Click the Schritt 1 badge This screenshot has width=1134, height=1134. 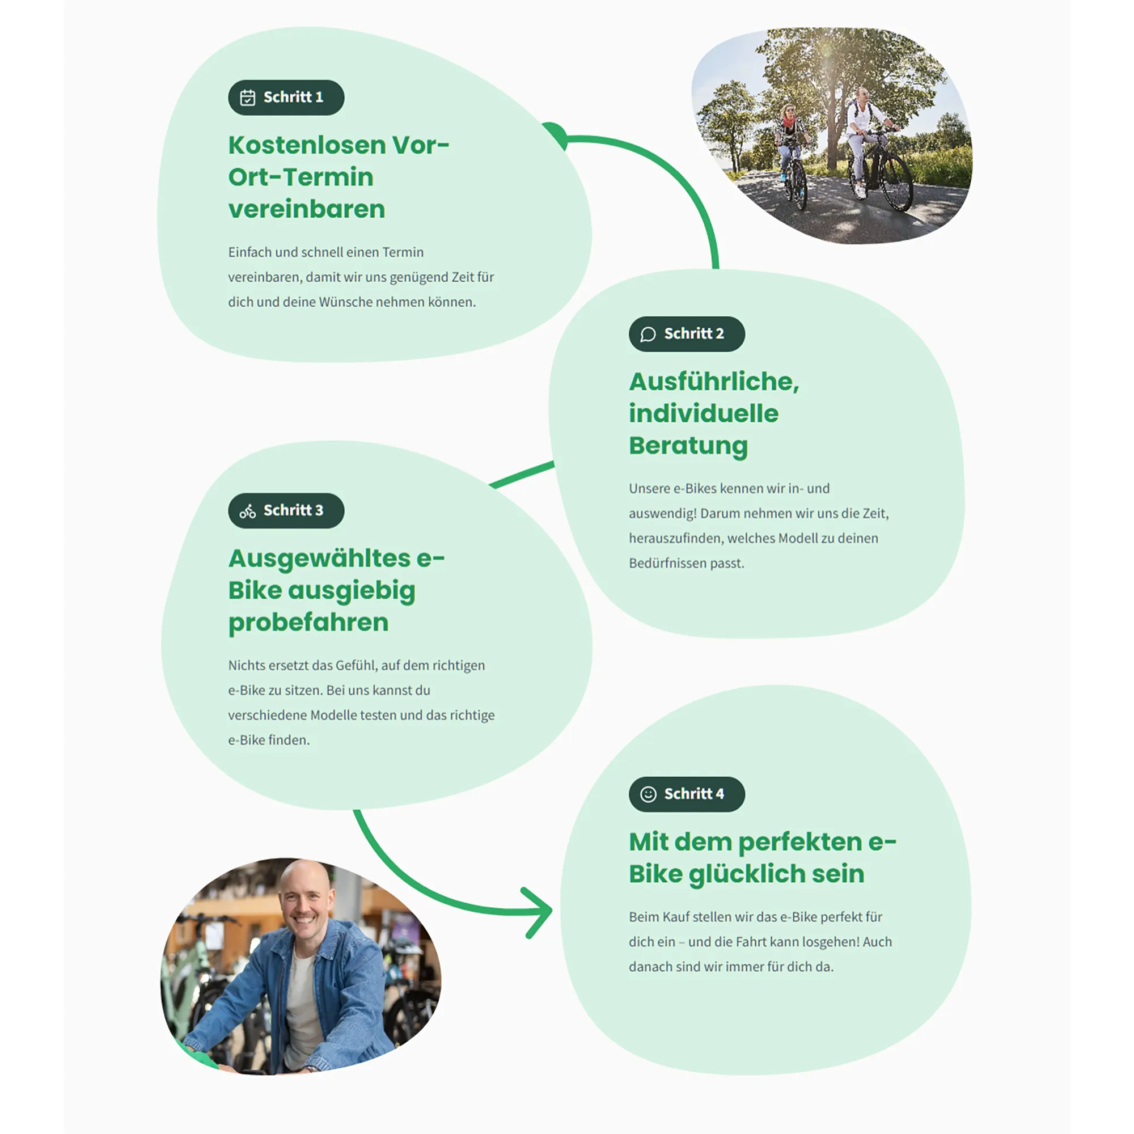(286, 98)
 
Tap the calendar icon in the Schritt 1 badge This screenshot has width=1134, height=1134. (248, 98)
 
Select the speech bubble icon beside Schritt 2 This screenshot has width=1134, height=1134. (648, 335)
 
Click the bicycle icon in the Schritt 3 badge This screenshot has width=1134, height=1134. (248, 511)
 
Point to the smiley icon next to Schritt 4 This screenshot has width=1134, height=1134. (648, 795)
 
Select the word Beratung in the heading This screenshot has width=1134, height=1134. (688, 446)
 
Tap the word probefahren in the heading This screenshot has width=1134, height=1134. (308, 623)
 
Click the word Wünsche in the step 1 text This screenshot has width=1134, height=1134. (344, 302)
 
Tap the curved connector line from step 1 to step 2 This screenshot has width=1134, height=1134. (675, 170)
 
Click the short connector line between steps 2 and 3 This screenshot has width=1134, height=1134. (522, 475)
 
